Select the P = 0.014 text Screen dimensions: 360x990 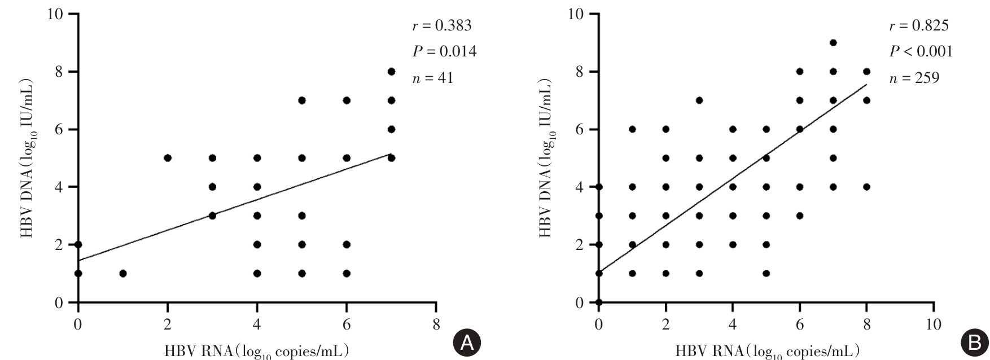[444, 52]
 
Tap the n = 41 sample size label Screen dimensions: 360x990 [432, 78]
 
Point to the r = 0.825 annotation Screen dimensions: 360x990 [919, 26]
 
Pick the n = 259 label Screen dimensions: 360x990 [914, 78]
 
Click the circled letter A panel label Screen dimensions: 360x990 [467, 343]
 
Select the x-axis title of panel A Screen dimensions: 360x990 [256, 351]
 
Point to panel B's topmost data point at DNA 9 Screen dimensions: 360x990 [833, 42]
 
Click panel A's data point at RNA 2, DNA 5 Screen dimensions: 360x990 [168, 158]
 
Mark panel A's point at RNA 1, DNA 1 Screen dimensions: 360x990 [123, 274]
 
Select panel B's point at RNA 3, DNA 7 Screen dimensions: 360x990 [699, 100]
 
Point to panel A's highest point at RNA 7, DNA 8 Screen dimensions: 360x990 [391, 72]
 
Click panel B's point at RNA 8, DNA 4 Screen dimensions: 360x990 [867, 187]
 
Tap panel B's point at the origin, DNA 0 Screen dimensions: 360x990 [599, 302]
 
